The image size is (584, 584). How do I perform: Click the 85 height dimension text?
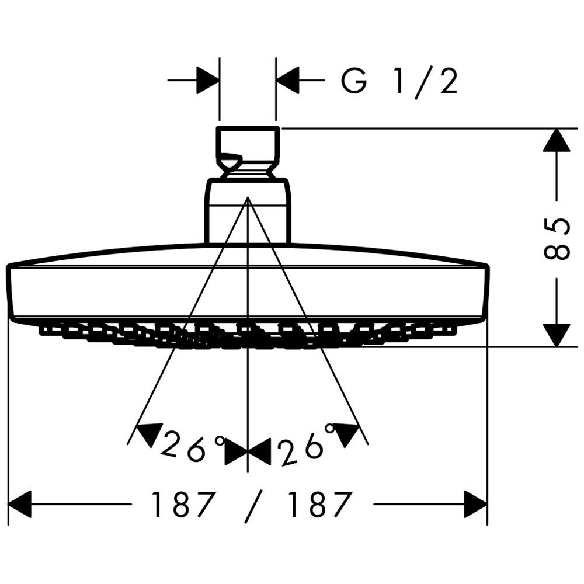point(557,238)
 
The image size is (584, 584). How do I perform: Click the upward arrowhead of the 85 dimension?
point(557,140)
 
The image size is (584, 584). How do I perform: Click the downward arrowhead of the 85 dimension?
point(557,335)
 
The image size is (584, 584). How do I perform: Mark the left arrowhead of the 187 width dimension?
point(19,505)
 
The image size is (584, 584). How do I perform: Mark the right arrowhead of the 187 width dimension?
point(475,505)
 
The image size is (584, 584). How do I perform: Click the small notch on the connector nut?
point(230,161)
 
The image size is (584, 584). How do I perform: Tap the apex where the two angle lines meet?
point(248,197)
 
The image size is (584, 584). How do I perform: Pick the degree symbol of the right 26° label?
point(329,429)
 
